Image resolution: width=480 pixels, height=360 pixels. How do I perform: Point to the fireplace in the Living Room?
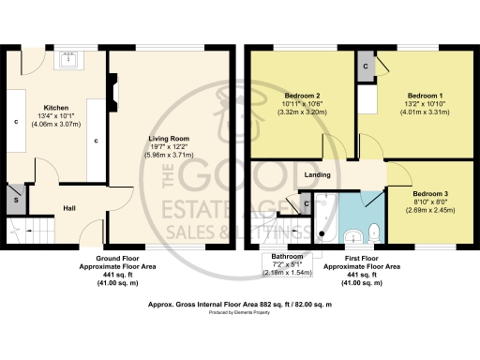(112, 94)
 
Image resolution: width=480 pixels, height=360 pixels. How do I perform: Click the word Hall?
(69, 208)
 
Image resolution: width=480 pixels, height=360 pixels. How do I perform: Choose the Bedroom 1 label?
(425, 96)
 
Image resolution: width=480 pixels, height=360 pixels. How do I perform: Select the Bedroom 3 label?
(431, 193)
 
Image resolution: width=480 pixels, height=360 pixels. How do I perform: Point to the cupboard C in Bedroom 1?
(367, 66)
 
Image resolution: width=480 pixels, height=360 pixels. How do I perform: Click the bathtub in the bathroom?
(326, 218)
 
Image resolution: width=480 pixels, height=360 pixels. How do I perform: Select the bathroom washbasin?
(354, 234)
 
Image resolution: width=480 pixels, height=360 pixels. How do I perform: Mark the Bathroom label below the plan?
(287, 256)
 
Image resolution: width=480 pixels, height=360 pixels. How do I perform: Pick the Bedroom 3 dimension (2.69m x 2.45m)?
(431, 211)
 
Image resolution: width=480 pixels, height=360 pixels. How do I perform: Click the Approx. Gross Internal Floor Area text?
(239, 306)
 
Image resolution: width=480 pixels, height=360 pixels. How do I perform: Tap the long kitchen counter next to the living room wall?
(96, 141)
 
